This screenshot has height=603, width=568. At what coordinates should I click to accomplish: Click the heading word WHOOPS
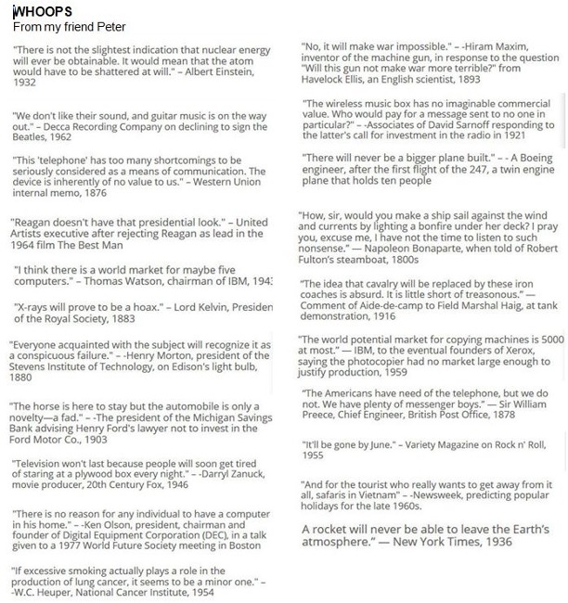pos(40,12)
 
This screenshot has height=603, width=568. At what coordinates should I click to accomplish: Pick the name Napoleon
pos(375,249)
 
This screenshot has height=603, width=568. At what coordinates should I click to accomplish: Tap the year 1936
pos(491,542)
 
